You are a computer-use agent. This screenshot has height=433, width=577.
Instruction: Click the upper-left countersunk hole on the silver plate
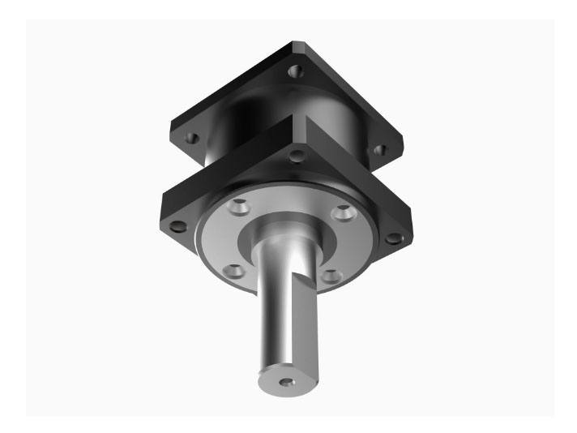237,208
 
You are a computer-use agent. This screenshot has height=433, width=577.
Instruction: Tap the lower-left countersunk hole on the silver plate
233,270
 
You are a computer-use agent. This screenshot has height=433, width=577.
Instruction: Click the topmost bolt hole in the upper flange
297,72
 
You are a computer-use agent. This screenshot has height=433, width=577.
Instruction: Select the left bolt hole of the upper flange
192,138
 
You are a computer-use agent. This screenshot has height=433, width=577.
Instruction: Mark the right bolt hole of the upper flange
378,150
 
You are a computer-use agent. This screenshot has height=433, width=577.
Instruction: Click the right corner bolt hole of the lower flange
394,238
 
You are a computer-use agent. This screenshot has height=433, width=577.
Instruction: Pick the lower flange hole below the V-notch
298,155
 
